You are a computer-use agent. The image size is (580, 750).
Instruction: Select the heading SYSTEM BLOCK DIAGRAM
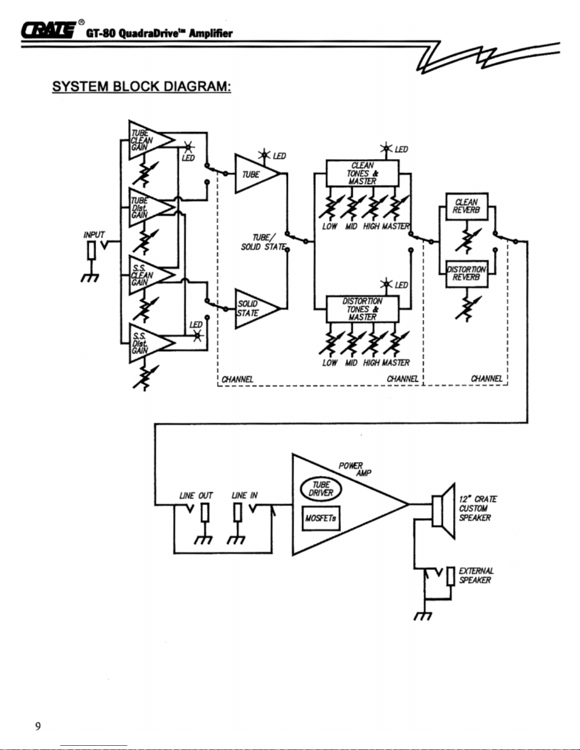(x=142, y=87)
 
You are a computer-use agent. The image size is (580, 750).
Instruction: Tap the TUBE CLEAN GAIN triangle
(x=147, y=140)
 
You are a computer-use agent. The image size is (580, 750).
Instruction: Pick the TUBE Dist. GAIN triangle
(x=147, y=208)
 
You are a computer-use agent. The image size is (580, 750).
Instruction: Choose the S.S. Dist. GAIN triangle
(x=147, y=343)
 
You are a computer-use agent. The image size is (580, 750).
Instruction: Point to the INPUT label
(x=94, y=235)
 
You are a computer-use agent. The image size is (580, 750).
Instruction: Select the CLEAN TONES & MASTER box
(x=362, y=173)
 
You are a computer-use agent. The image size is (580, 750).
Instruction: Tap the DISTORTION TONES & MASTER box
(x=362, y=309)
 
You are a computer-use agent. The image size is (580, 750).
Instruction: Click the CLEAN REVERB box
(x=467, y=206)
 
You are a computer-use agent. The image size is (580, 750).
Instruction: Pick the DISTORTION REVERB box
(x=467, y=273)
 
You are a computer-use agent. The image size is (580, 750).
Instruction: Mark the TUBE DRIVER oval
(x=321, y=489)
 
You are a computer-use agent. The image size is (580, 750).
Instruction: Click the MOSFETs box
(x=321, y=518)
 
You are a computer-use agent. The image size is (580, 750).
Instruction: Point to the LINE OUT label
(x=196, y=495)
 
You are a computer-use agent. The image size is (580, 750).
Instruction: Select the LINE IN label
(x=244, y=495)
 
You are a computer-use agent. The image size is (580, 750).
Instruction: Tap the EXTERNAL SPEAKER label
(x=476, y=575)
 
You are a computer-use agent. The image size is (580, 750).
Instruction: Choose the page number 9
(x=38, y=726)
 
